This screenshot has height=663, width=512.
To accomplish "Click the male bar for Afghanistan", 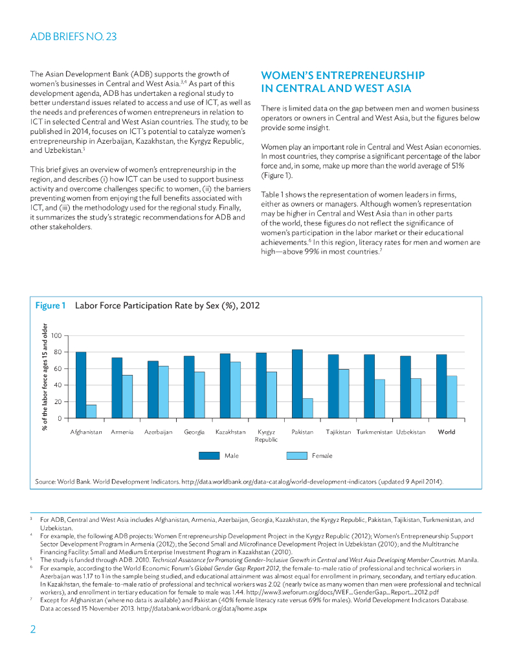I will pyautogui.click(x=81, y=385).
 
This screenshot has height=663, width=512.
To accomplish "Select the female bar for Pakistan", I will pyautogui.click(x=307, y=409).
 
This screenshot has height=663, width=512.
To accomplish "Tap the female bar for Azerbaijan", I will pyautogui.click(x=163, y=392).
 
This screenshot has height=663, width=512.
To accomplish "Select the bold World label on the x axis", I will pyautogui.click(x=447, y=432).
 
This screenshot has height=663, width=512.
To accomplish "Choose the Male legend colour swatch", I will pyautogui.click(x=208, y=456).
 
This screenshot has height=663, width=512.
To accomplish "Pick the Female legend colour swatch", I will pyautogui.click(x=296, y=456).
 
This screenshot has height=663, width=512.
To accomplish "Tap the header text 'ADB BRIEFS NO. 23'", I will pyautogui.click(x=73, y=37).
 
